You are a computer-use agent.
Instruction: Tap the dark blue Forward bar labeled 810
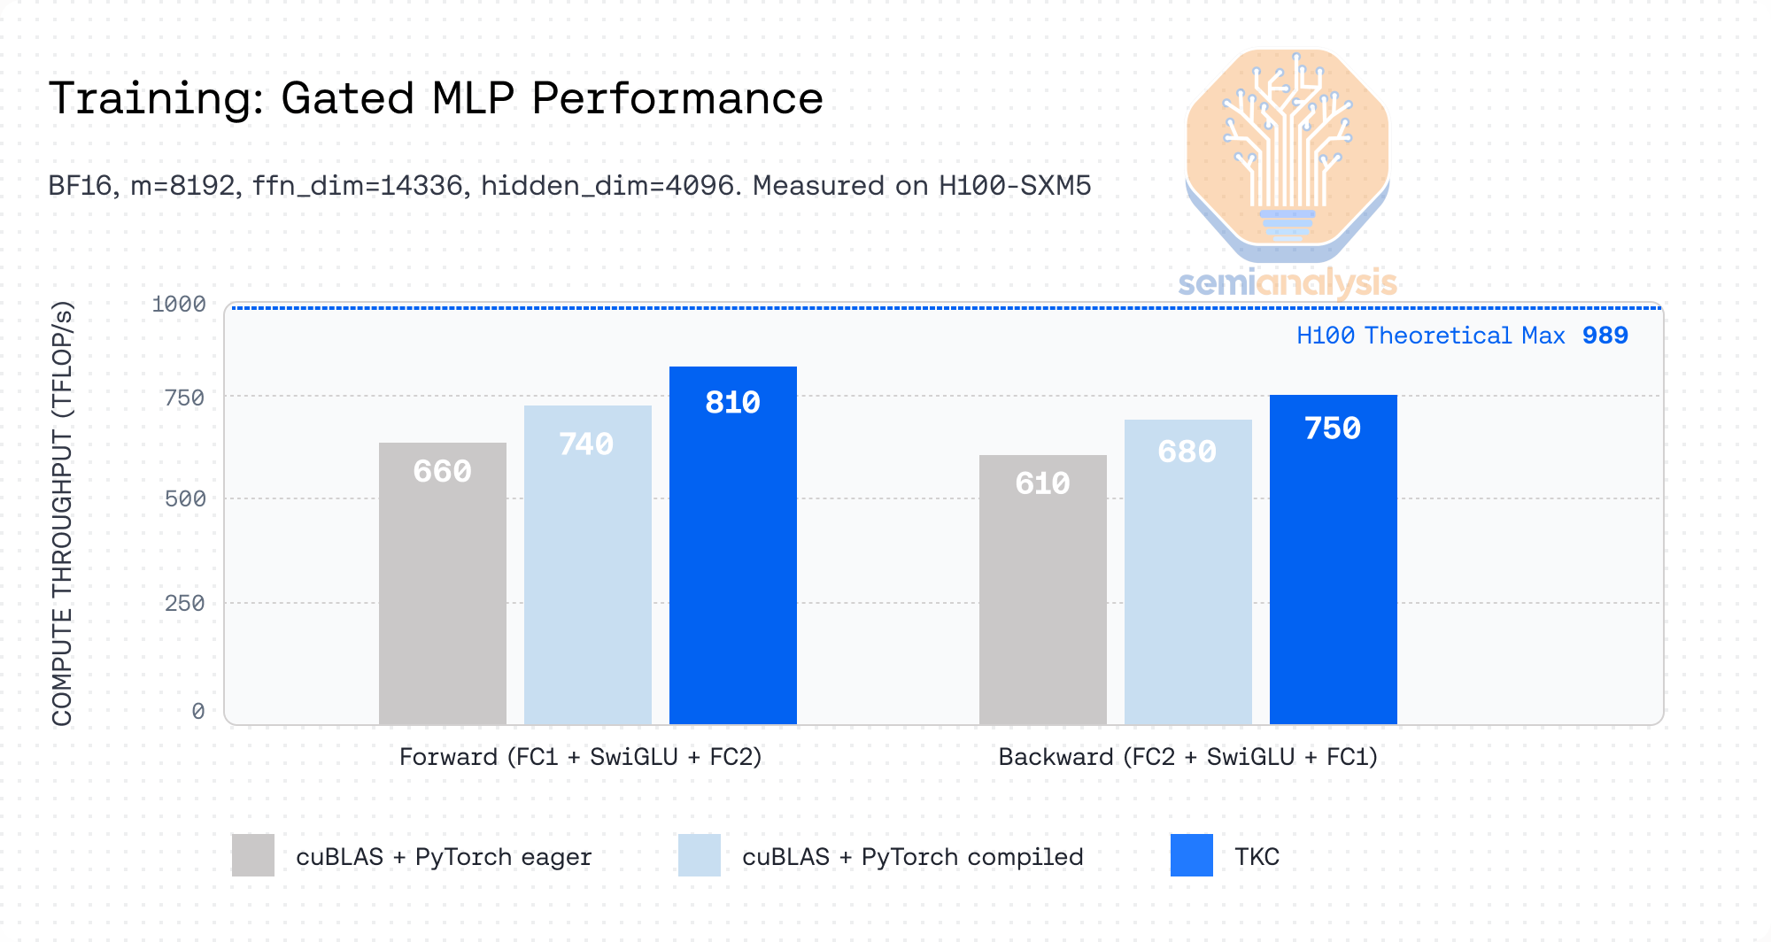pos(732,544)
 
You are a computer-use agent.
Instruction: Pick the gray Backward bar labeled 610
pos(1042,589)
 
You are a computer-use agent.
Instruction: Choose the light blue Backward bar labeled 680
pos(1187,571)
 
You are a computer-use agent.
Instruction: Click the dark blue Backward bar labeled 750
pos(1333,559)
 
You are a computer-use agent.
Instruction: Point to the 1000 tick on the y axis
pos(179,305)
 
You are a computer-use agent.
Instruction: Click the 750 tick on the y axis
pos(184,398)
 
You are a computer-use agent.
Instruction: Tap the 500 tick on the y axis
pos(184,499)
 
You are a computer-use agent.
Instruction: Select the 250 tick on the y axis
pos(184,604)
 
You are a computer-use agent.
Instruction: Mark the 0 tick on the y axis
pos(198,712)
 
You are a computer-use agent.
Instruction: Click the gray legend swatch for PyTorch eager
pos(253,855)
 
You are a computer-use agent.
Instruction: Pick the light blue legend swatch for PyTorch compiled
pos(700,855)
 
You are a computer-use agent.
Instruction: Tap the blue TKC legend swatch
pos(1191,855)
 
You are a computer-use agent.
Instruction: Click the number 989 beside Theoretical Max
pos(1605,336)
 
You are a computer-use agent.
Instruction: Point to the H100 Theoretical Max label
pos(1430,336)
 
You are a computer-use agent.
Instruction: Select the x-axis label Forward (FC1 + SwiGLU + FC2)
pos(580,757)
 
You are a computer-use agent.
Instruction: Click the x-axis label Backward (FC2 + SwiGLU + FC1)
pos(1187,757)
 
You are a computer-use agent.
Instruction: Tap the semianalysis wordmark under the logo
pos(1288,283)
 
